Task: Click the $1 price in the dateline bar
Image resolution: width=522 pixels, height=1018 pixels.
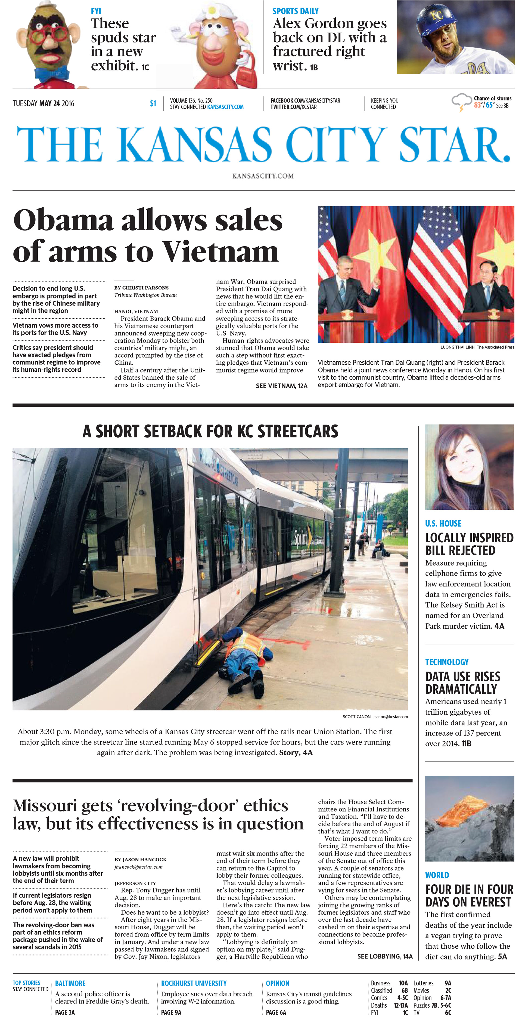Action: [153, 103]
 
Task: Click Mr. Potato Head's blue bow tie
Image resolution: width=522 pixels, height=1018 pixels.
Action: [52, 73]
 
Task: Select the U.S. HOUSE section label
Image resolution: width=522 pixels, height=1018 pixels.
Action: [443, 524]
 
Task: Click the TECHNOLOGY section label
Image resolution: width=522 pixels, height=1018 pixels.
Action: [447, 662]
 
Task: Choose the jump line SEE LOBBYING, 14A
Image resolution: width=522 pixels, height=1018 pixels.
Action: [385, 956]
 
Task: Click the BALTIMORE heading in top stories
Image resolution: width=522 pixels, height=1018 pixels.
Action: [70, 983]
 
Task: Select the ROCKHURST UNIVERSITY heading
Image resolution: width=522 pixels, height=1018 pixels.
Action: [194, 983]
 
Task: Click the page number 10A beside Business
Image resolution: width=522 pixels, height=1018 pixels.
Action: [403, 983]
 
